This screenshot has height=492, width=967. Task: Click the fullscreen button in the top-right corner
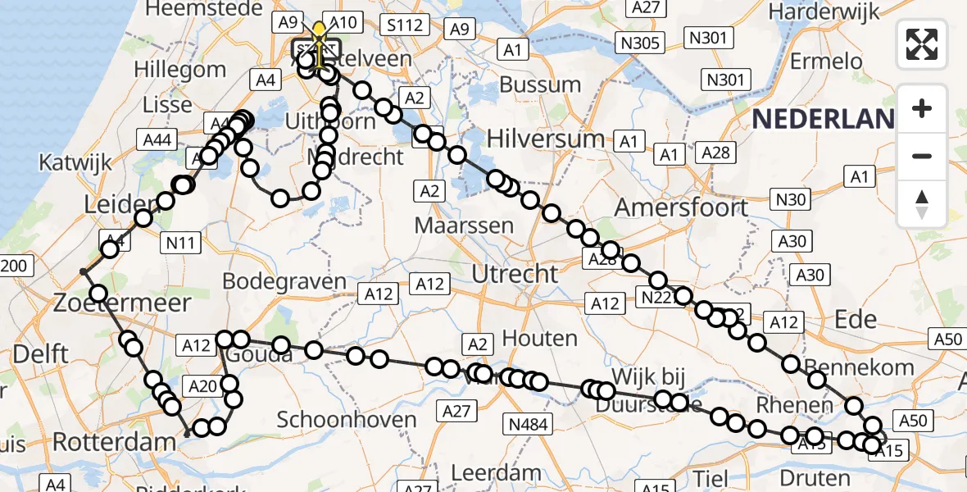[x=922, y=43]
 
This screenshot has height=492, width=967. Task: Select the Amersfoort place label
[x=681, y=207]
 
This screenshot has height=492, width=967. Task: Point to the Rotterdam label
[x=114, y=443]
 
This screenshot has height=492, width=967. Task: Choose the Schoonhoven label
[x=347, y=420]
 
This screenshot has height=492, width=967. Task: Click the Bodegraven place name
[x=285, y=281]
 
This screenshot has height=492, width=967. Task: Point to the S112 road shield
[x=406, y=25]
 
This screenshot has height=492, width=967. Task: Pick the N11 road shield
[x=180, y=242]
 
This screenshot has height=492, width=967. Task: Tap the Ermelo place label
[x=833, y=61]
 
